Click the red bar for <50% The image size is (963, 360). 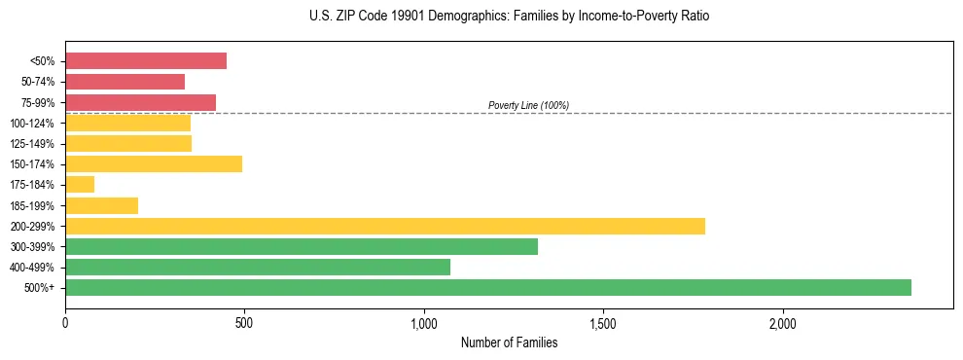(146, 61)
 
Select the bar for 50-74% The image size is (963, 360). (125, 82)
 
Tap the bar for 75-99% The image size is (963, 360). (140, 102)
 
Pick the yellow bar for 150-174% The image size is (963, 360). (154, 163)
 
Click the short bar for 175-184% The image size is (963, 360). (80, 184)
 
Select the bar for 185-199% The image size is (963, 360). (101, 205)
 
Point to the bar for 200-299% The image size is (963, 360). (385, 226)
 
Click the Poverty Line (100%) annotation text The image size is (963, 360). (528, 105)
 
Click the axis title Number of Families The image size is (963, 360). (509, 342)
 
